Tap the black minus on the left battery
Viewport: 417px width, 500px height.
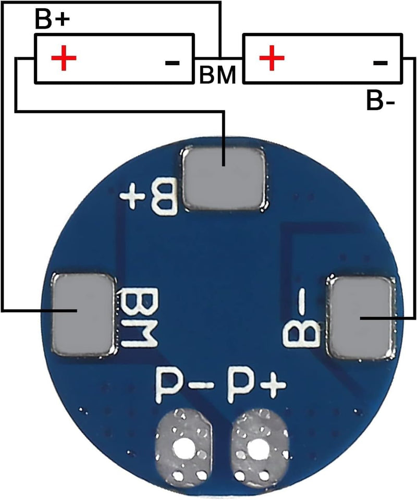pos(172,63)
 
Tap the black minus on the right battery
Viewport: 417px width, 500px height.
pos(381,63)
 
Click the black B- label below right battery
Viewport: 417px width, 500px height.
pos(380,101)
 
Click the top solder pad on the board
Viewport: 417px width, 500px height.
pos(223,179)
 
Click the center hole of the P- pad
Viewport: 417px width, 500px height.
pos(183,446)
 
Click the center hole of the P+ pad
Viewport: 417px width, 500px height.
pos(257,446)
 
